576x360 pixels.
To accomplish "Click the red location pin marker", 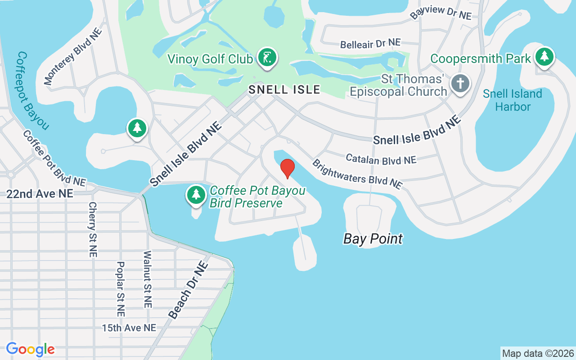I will (288, 168).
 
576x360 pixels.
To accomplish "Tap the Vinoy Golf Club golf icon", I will (267, 58).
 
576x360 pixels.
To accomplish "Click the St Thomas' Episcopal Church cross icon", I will (460, 83).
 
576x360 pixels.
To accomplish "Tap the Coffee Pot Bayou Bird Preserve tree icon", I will (196, 194).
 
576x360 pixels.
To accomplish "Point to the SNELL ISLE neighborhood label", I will (284, 90).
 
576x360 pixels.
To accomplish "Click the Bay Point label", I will (373, 238).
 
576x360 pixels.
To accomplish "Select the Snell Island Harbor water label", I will (513, 100).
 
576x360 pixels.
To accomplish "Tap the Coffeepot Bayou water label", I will (32, 90).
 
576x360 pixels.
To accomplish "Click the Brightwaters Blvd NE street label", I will (357, 174).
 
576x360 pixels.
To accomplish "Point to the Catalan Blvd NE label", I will (381, 159).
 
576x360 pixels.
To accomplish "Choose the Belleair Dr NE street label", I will (370, 44).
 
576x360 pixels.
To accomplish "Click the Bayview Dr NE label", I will (441, 13).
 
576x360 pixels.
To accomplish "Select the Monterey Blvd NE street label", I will (73, 57).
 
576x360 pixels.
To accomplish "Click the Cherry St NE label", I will (93, 229).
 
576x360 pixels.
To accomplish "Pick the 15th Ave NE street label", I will (129, 328).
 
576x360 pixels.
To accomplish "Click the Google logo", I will (31, 349).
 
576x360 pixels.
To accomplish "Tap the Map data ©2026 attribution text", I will (538, 353).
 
